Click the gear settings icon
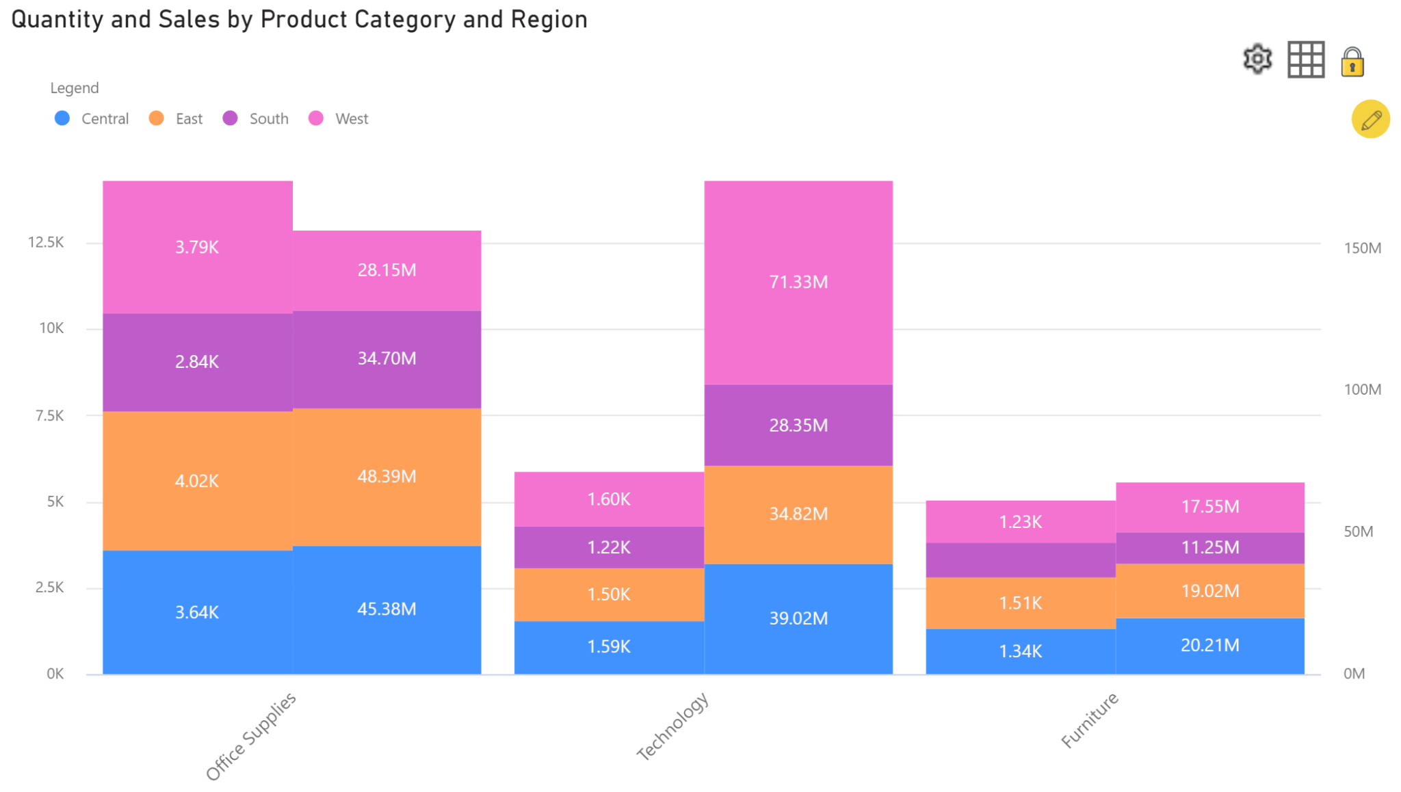(1257, 60)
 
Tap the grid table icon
(1305, 60)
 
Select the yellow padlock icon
(1352, 62)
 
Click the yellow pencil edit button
(1370, 120)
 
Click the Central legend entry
(92, 119)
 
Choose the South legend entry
(256, 119)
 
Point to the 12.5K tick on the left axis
(46, 242)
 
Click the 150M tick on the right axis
(1362, 248)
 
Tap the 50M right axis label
(1358, 531)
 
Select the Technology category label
(672, 726)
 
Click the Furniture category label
(1089, 720)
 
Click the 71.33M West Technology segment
(798, 282)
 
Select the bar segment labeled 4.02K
(197, 481)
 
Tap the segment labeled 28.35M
(798, 425)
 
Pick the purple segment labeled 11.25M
(1209, 547)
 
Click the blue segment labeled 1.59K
(609, 647)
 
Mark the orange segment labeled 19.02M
(1209, 591)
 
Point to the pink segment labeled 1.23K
(1020, 522)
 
